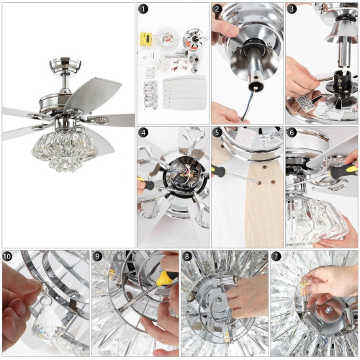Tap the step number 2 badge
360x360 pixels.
(217, 10)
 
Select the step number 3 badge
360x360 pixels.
(292, 10)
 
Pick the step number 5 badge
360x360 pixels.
(217, 132)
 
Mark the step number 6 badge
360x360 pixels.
(292, 132)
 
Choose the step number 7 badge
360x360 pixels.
(276, 256)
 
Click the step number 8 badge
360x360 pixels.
(187, 256)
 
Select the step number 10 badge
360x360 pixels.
(8, 256)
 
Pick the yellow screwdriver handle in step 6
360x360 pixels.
(343, 173)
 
